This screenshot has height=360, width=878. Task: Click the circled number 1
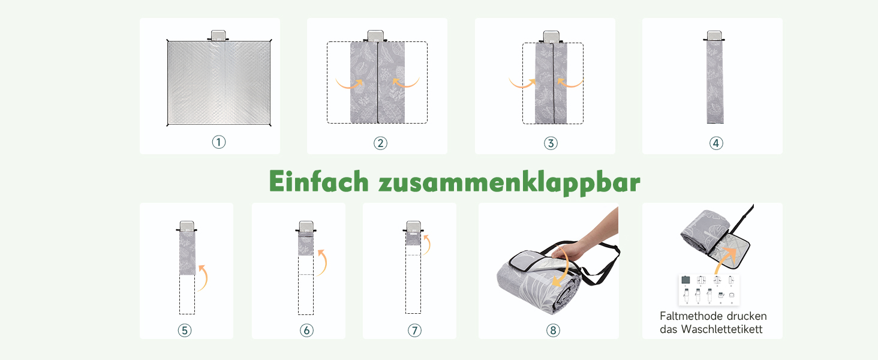(219, 142)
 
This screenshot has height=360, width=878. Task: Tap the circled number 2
(380, 143)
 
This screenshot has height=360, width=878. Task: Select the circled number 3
(551, 143)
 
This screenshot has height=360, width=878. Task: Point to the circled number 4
(716, 143)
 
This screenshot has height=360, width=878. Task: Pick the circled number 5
(185, 330)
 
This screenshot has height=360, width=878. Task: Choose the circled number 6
(306, 330)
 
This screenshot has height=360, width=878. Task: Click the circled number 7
(414, 330)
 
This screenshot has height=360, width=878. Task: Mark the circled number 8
(553, 330)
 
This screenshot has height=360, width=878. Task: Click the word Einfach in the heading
(318, 181)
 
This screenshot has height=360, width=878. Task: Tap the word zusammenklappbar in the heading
(509, 183)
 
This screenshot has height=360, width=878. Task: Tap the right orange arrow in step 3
(571, 84)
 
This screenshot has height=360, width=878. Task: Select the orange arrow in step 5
(205, 278)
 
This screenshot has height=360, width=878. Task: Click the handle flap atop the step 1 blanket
(218, 35)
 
